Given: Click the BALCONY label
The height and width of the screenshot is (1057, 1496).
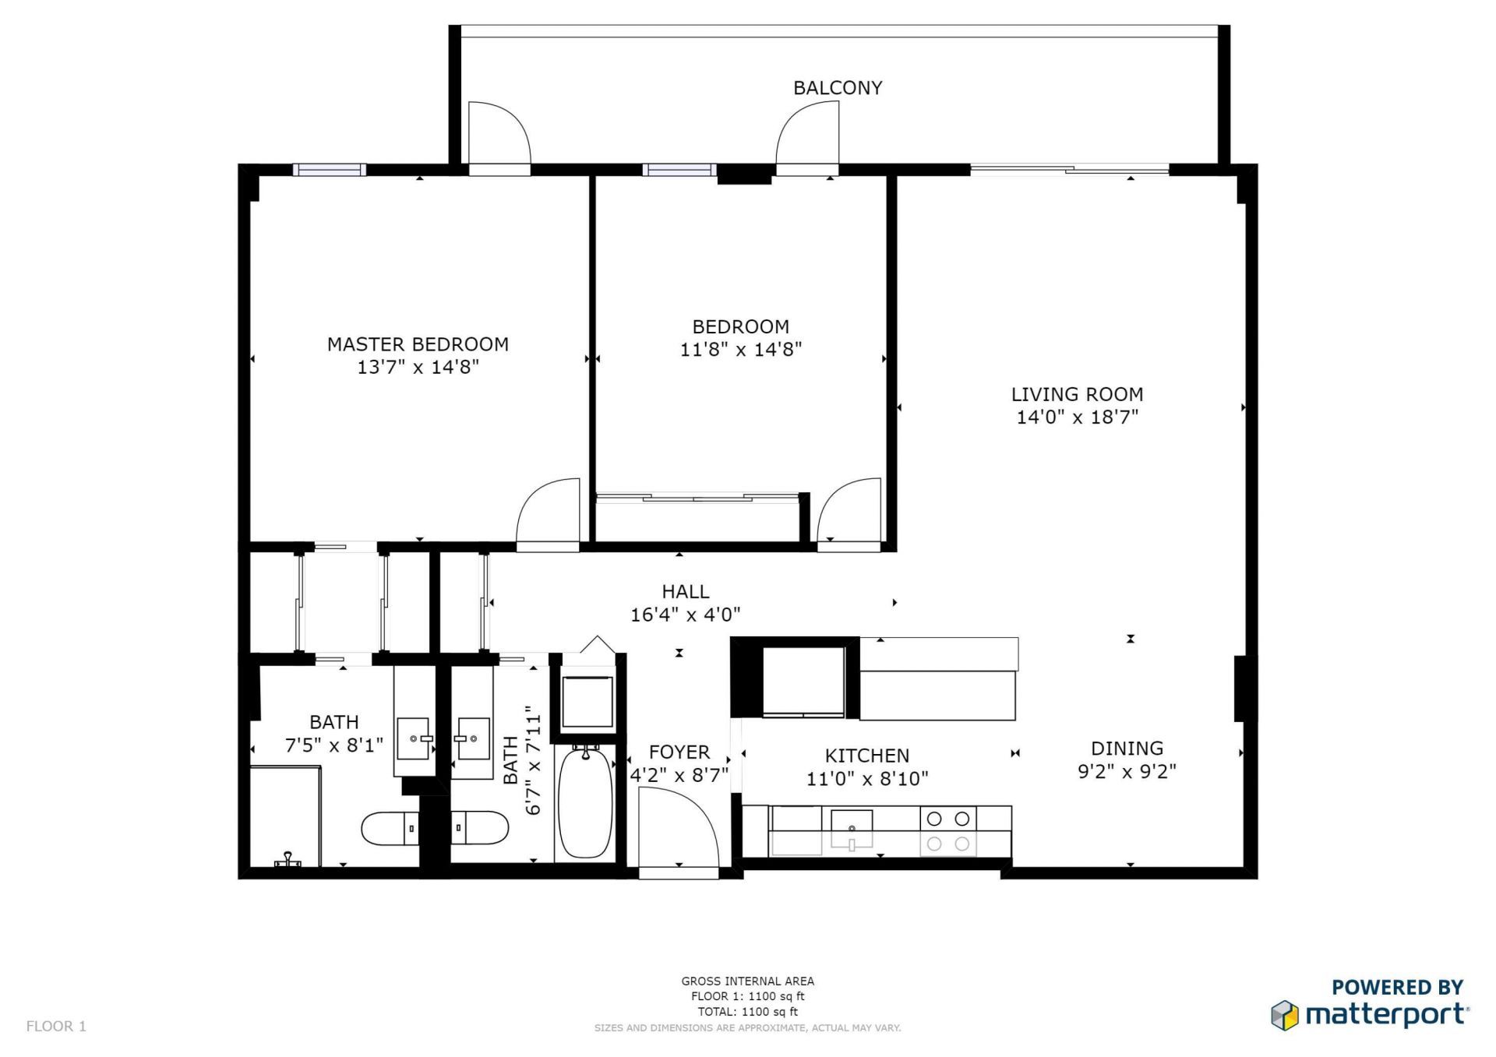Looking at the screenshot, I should coord(838,88).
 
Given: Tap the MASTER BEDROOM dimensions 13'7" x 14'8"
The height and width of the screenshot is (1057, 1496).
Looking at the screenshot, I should coord(418,367).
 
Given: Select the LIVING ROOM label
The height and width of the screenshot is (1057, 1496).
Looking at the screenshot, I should coord(1077,394).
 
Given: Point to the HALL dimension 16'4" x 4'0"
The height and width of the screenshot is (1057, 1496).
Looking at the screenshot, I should coord(685,615).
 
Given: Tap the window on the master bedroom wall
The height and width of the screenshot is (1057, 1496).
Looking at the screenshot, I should coord(330,170).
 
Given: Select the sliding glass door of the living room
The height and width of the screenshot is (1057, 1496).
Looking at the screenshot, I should coord(1069,169).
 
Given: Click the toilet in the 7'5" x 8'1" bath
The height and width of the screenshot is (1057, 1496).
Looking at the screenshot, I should coord(390,828).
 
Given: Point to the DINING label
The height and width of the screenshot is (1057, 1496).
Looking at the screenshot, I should coord(1127,749).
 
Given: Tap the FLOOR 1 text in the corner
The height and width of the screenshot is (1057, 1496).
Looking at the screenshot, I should coord(56,1026).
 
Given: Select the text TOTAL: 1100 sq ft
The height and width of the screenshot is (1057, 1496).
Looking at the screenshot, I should coord(747,1012).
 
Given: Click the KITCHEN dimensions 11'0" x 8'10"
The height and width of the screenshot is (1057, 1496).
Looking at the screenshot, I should coord(866,778).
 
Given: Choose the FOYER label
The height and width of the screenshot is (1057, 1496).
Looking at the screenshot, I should coord(679,752).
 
